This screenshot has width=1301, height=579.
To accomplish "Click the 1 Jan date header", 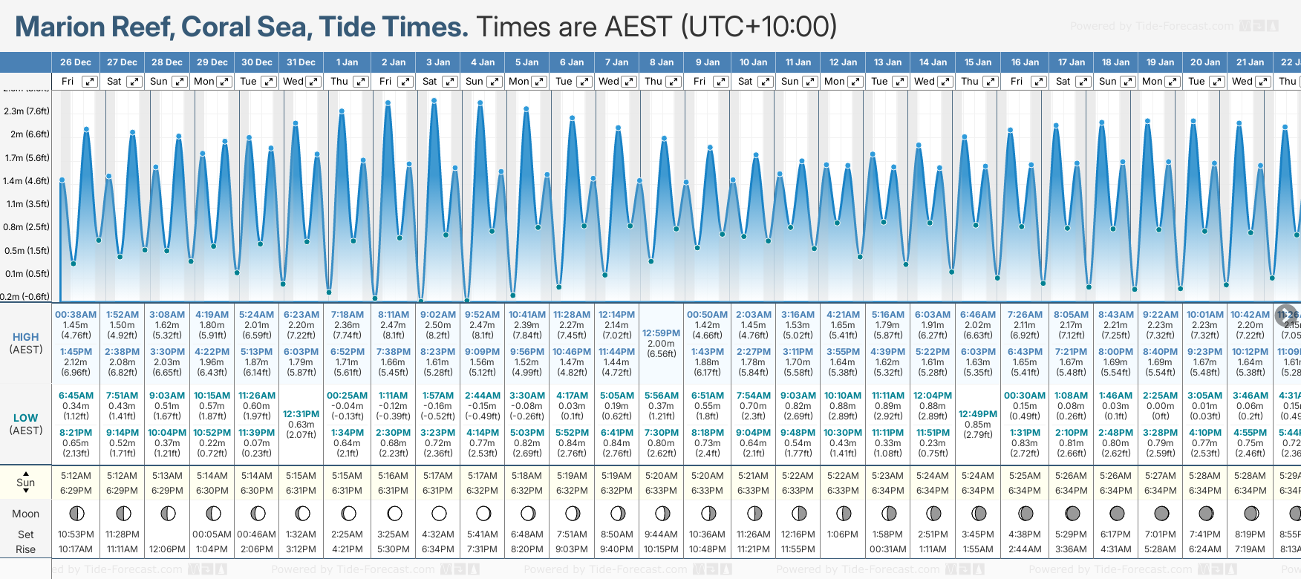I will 347,62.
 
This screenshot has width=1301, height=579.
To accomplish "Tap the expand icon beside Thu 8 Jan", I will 674,82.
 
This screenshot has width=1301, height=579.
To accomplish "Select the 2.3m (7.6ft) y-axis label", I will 27,111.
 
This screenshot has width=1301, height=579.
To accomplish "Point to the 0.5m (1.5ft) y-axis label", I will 27,251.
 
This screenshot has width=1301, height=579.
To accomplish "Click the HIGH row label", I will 26,337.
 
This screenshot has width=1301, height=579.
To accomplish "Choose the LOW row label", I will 26,418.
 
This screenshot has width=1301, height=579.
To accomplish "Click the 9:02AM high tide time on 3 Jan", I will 438,315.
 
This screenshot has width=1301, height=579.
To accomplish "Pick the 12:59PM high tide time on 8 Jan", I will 661,333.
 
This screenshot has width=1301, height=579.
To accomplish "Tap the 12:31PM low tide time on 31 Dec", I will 301,414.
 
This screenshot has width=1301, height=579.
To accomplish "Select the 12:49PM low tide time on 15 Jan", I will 978,414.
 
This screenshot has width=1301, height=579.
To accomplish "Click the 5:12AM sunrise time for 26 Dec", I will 76,476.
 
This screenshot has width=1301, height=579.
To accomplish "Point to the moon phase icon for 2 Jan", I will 394,513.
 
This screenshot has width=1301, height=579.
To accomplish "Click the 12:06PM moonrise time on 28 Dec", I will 167,549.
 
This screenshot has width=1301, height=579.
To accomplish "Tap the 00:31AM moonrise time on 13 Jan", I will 887,549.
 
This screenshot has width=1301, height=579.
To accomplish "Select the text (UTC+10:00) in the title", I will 759,27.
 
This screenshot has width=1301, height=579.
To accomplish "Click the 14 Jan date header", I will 933,62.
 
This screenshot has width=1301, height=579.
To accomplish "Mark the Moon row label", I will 26,514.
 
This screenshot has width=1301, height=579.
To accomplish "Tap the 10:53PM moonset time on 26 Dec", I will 76,534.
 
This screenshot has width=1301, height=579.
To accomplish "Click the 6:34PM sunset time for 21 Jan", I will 1250,491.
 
